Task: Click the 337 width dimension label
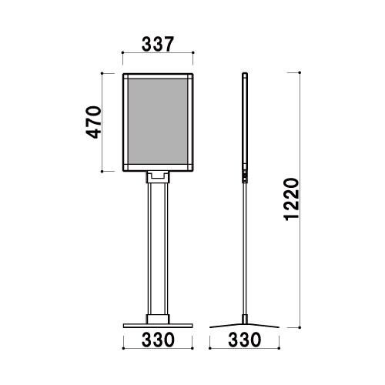click(x=158, y=44)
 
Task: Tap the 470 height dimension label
click(x=93, y=122)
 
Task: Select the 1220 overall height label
click(x=292, y=199)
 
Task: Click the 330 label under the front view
click(x=158, y=340)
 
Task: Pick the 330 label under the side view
click(x=245, y=340)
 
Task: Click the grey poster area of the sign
click(x=158, y=122)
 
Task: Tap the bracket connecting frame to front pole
click(x=158, y=177)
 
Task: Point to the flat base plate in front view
click(x=158, y=326)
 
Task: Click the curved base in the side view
click(x=244, y=326)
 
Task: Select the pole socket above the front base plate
click(x=158, y=319)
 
